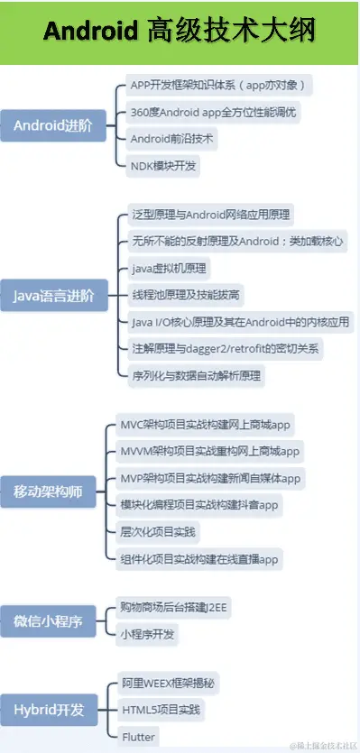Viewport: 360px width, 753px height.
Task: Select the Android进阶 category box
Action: click(x=52, y=125)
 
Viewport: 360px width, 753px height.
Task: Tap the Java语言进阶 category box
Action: click(x=52, y=295)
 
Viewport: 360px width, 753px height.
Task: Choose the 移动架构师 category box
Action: click(x=52, y=491)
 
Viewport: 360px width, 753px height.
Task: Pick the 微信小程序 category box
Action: click(x=52, y=620)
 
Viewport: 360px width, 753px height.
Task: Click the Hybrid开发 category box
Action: click(x=52, y=710)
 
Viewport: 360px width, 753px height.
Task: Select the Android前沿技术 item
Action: click(x=174, y=140)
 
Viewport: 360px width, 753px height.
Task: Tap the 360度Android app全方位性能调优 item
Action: click(x=214, y=113)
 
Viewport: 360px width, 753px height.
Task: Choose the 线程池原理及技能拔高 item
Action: click(x=186, y=295)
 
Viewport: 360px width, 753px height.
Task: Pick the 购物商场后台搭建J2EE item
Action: click(x=174, y=608)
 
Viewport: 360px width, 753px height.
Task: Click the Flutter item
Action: click(x=139, y=737)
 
